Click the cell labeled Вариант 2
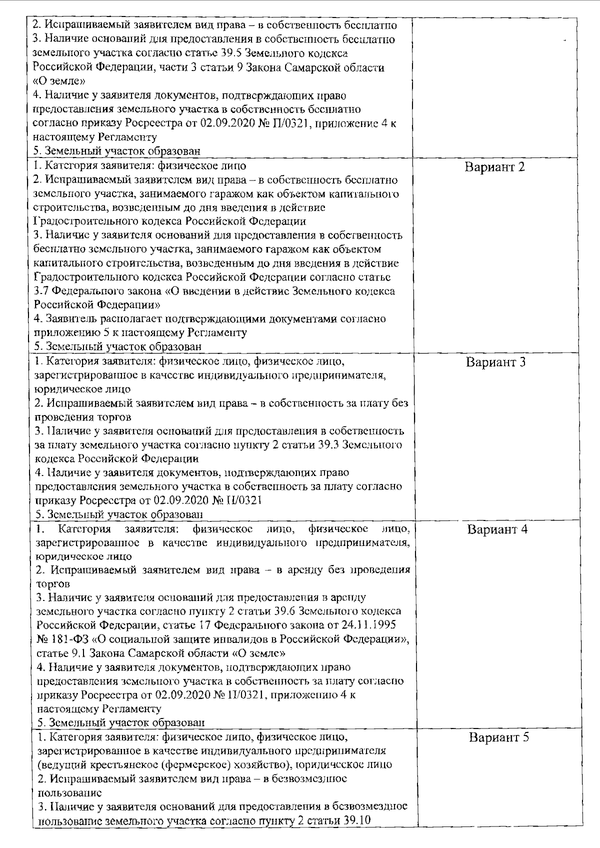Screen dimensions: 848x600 click(x=495, y=167)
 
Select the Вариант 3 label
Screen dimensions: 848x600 click(x=495, y=362)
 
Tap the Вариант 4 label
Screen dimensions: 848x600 click(x=497, y=529)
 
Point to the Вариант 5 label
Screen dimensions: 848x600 click(x=498, y=737)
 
